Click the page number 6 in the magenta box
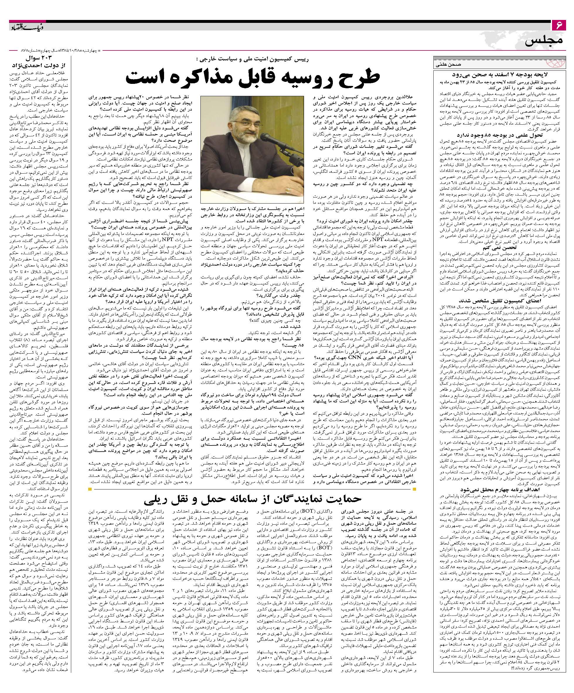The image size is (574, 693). coord(559,25)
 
